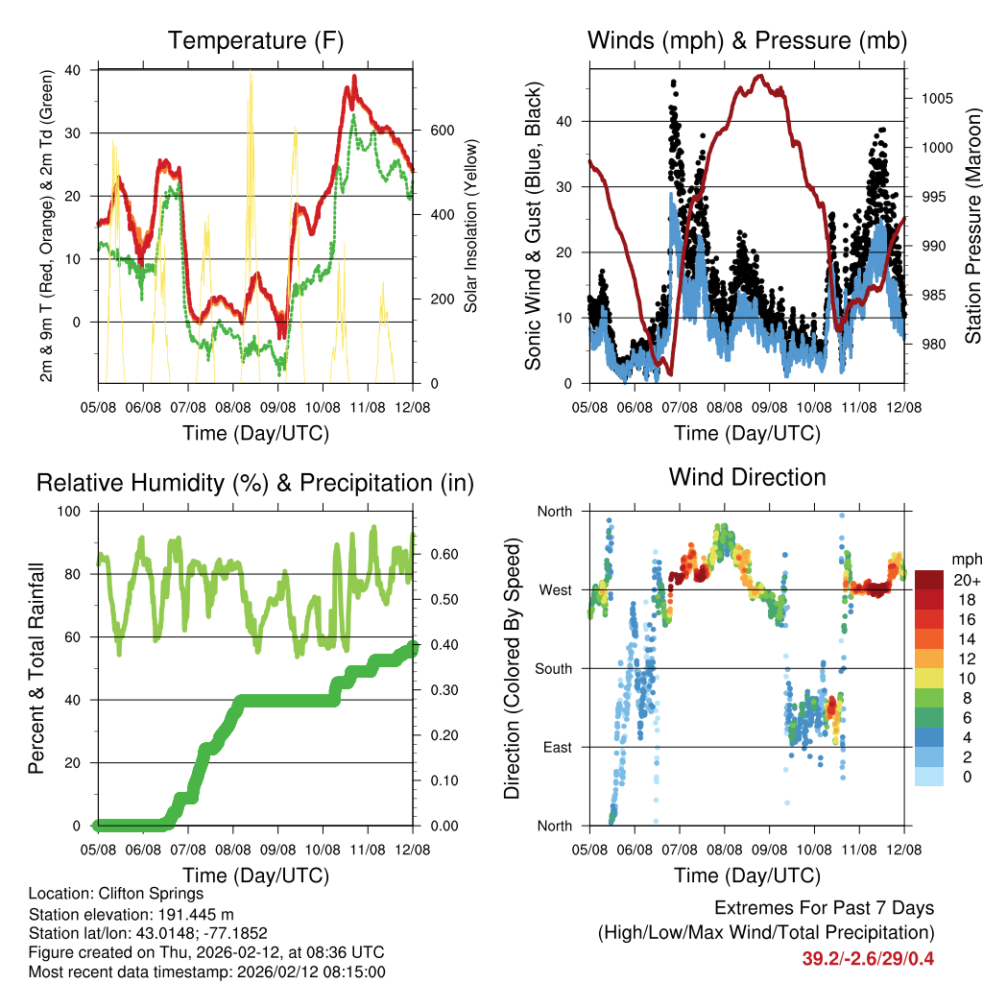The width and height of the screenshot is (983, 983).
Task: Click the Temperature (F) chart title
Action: point(254,41)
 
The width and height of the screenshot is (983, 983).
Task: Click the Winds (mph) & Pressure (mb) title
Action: point(747,41)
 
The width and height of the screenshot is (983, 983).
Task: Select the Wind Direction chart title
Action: point(747,477)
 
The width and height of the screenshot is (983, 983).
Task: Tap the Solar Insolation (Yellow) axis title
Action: point(471,226)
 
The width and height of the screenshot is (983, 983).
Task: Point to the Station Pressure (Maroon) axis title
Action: point(972,226)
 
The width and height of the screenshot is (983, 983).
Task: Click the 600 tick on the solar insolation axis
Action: point(440,131)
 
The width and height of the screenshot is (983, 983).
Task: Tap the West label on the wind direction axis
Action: point(555,589)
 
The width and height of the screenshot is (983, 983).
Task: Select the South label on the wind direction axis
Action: point(553,668)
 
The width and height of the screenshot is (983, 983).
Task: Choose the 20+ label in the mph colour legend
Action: point(966,580)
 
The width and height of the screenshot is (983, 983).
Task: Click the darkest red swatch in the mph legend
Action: point(930,580)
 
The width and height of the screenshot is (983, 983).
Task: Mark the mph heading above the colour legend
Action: point(965,559)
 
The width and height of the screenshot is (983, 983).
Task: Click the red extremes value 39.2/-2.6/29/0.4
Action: point(867,958)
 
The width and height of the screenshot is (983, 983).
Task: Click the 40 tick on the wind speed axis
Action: point(574,121)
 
